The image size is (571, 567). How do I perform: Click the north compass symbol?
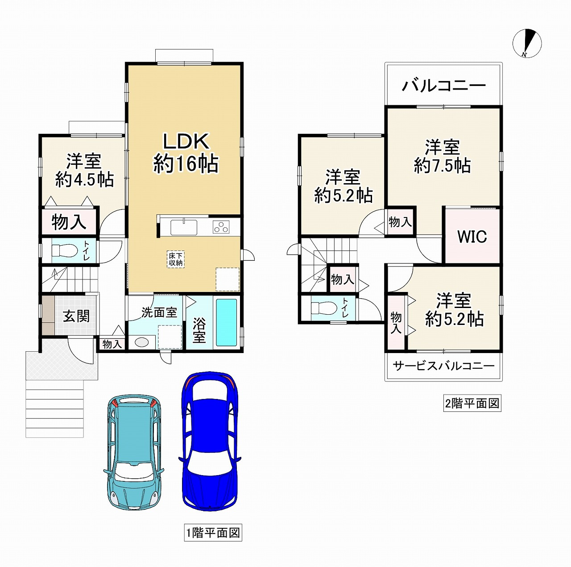(527, 43)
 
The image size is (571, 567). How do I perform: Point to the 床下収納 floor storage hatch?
(176, 259)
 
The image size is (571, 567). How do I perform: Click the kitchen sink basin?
(183, 227)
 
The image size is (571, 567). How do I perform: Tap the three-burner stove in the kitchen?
(221, 227)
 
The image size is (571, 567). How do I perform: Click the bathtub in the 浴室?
(226, 322)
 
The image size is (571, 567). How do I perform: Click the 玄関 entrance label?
(76, 316)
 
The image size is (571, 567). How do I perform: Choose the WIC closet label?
(472, 236)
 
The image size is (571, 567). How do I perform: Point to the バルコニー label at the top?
(443, 86)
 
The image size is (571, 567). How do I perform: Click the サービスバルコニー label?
(443, 366)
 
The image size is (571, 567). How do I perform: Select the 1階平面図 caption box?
(213, 533)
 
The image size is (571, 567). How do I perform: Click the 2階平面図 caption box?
(472, 403)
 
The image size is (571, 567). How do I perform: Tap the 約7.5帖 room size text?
(442, 165)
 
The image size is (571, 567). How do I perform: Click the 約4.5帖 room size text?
(84, 179)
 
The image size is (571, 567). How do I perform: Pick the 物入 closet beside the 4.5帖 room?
(69, 222)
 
